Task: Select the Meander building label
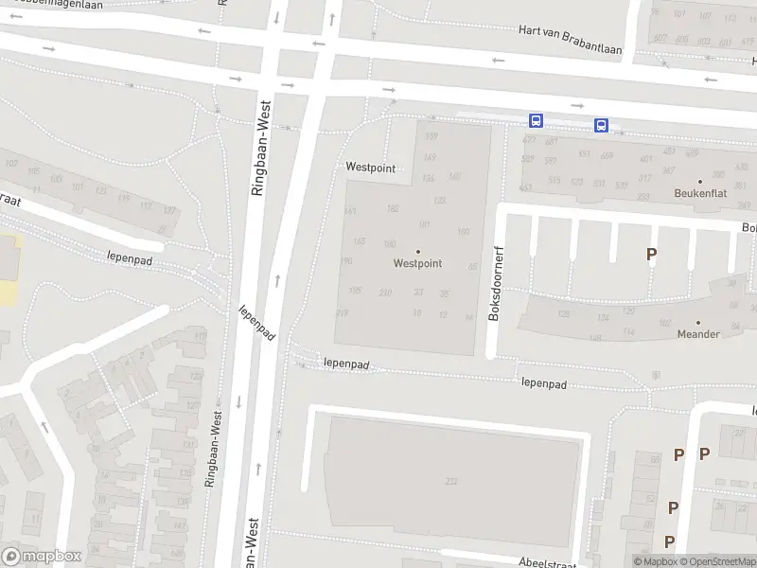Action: click(x=698, y=334)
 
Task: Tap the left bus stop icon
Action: click(x=536, y=121)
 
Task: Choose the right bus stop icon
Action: click(x=601, y=125)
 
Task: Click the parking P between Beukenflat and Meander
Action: click(x=651, y=254)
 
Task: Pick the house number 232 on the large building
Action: click(x=450, y=482)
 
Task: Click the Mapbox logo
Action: click(x=41, y=557)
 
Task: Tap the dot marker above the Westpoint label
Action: click(x=417, y=252)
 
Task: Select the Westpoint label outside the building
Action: click(x=370, y=167)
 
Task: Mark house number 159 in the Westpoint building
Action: click(x=431, y=137)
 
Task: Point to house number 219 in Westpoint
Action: click(x=343, y=312)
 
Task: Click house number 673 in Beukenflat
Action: click(x=528, y=140)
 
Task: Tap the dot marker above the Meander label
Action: click(x=698, y=323)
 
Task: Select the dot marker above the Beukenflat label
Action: click(x=699, y=181)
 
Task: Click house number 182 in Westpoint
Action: click(x=393, y=208)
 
